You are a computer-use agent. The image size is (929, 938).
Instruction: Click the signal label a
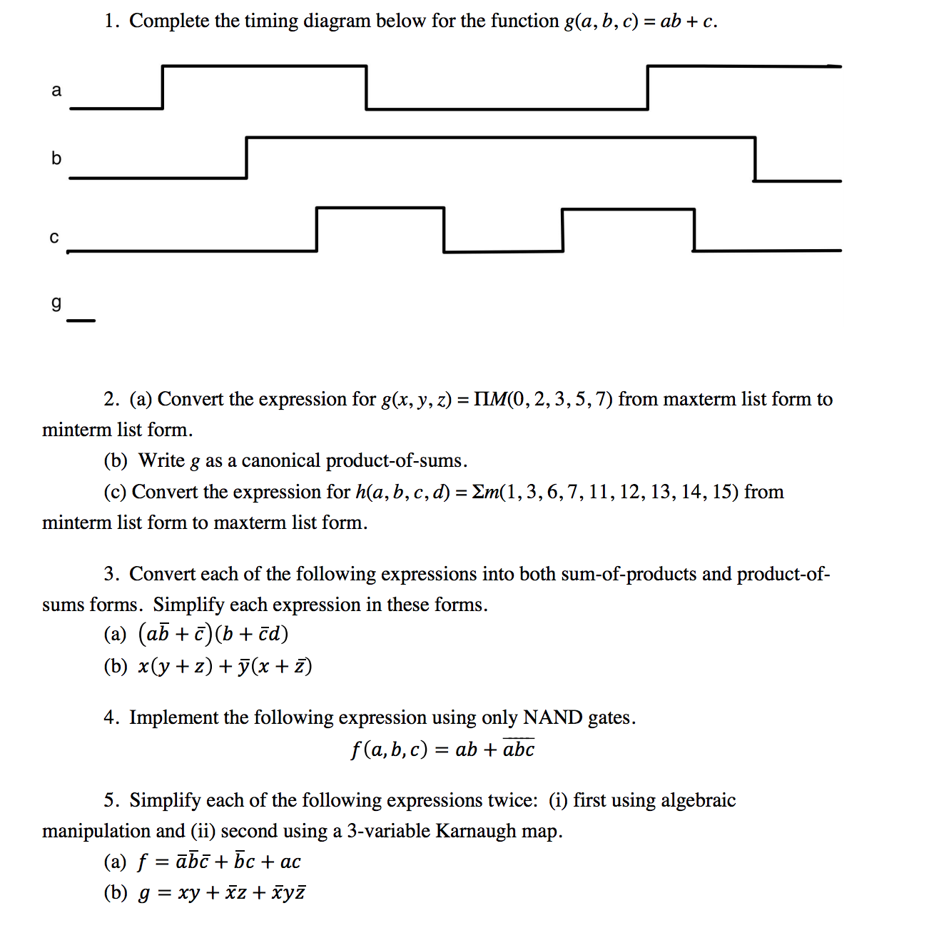pyautogui.click(x=56, y=91)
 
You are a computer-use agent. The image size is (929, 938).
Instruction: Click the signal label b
pyautogui.click(x=56, y=158)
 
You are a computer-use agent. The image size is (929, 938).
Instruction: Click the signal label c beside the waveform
pyautogui.click(x=54, y=238)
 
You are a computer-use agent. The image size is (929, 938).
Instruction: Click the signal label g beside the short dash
pyautogui.click(x=56, y=303)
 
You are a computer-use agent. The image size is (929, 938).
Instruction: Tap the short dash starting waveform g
pyautogui.click(x=81, y=321)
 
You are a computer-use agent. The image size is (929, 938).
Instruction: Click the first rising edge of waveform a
pyautogui.click(x=163, y=87)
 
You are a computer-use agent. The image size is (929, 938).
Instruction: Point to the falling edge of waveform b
pyautogui.click(x=754, y=158)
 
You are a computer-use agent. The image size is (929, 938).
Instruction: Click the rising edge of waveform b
pyautogui.click(x=246, y=157)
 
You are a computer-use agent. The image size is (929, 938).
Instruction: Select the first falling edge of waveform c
pyautogui.click(x=443, y=230)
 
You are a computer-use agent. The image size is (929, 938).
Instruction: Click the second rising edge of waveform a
pyautogui.click(x=647, y=87)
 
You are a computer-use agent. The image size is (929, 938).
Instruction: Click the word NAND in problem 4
pyautogui.click(x=552, y=717)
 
